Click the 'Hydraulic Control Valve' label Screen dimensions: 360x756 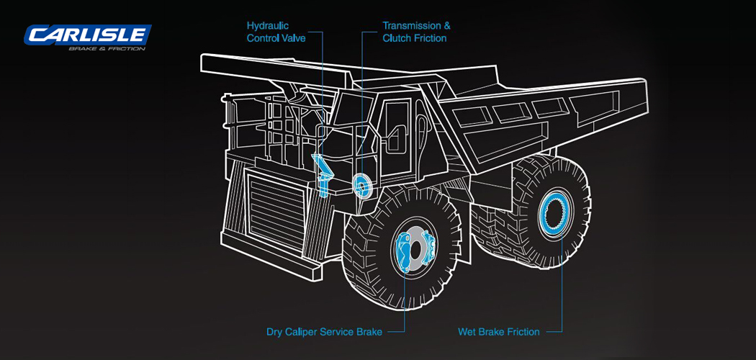pyautogui.click(x=276, y=32)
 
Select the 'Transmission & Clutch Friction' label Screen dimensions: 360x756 pyautogui.click(x=416, y=32)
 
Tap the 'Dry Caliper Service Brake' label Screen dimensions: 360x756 pyautogui.click(x=324, y=332)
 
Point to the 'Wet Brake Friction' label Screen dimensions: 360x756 pyautogui.click(x=498, y=332)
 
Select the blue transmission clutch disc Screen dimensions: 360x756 pyautogui.click(x=361, y=186)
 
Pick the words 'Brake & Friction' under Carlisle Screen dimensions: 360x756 pyautogui.click(x=107, y=49)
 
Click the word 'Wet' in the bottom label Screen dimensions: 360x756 pyautogui.click(x=467, y=332)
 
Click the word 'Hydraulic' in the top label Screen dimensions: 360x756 pyautogui.click(x=268, y=26)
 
